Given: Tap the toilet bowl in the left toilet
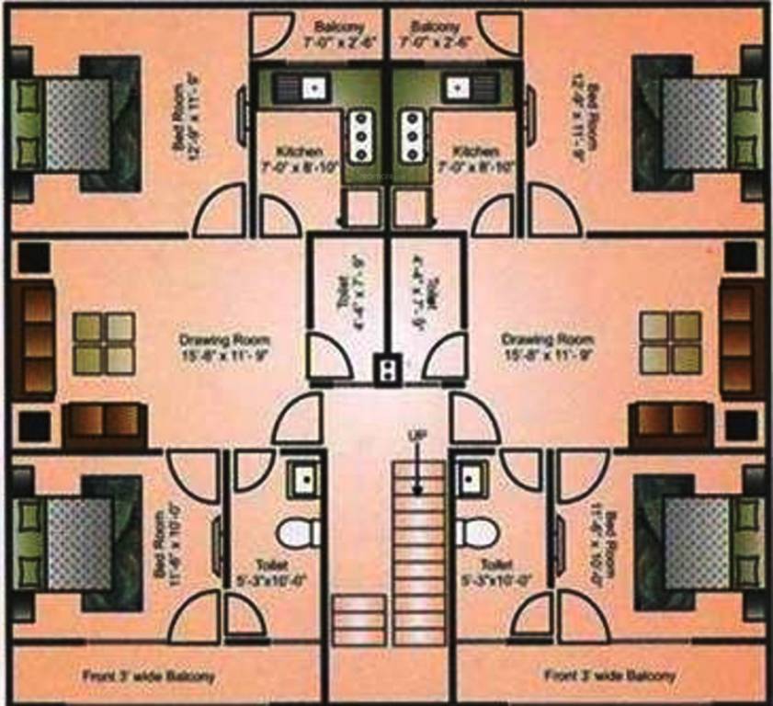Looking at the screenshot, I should click(x=298, y=531).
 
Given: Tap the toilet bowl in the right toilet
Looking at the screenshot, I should click(x=477, y=531).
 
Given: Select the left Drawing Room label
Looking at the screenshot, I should click(x=224, y=346).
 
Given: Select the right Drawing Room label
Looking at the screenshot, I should click(x=546, y=346).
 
